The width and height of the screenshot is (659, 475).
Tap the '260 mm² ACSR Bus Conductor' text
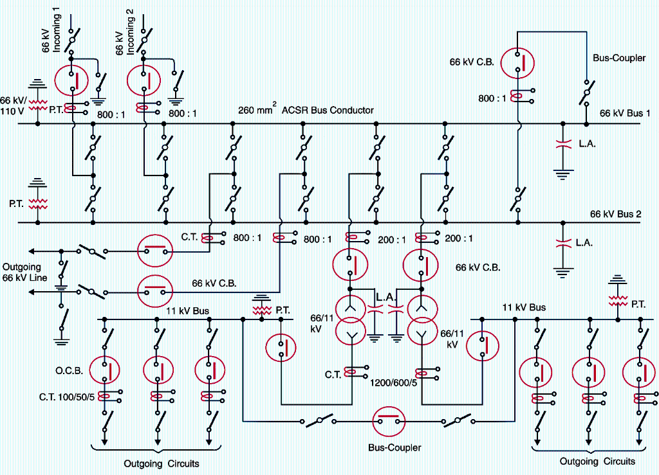point(306,110)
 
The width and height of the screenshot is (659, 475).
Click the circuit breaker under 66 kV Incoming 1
point(71,80)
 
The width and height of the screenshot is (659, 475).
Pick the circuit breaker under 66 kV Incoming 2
point(144,80)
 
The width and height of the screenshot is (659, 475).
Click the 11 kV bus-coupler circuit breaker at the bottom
point(390,422)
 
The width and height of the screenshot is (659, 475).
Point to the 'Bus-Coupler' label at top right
point(619,58)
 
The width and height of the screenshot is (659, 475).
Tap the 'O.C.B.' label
point(68,370)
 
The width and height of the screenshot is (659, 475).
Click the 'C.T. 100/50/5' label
point(67,397)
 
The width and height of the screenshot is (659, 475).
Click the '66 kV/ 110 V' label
point(12,105)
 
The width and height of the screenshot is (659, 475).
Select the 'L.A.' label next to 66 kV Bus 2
point(584,243)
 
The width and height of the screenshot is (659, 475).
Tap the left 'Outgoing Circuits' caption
point(162,463)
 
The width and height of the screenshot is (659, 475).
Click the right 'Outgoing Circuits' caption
point(597,462)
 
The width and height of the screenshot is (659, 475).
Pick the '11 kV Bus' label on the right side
point(524,307)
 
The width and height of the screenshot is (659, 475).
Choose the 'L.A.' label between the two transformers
point(385,298)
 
